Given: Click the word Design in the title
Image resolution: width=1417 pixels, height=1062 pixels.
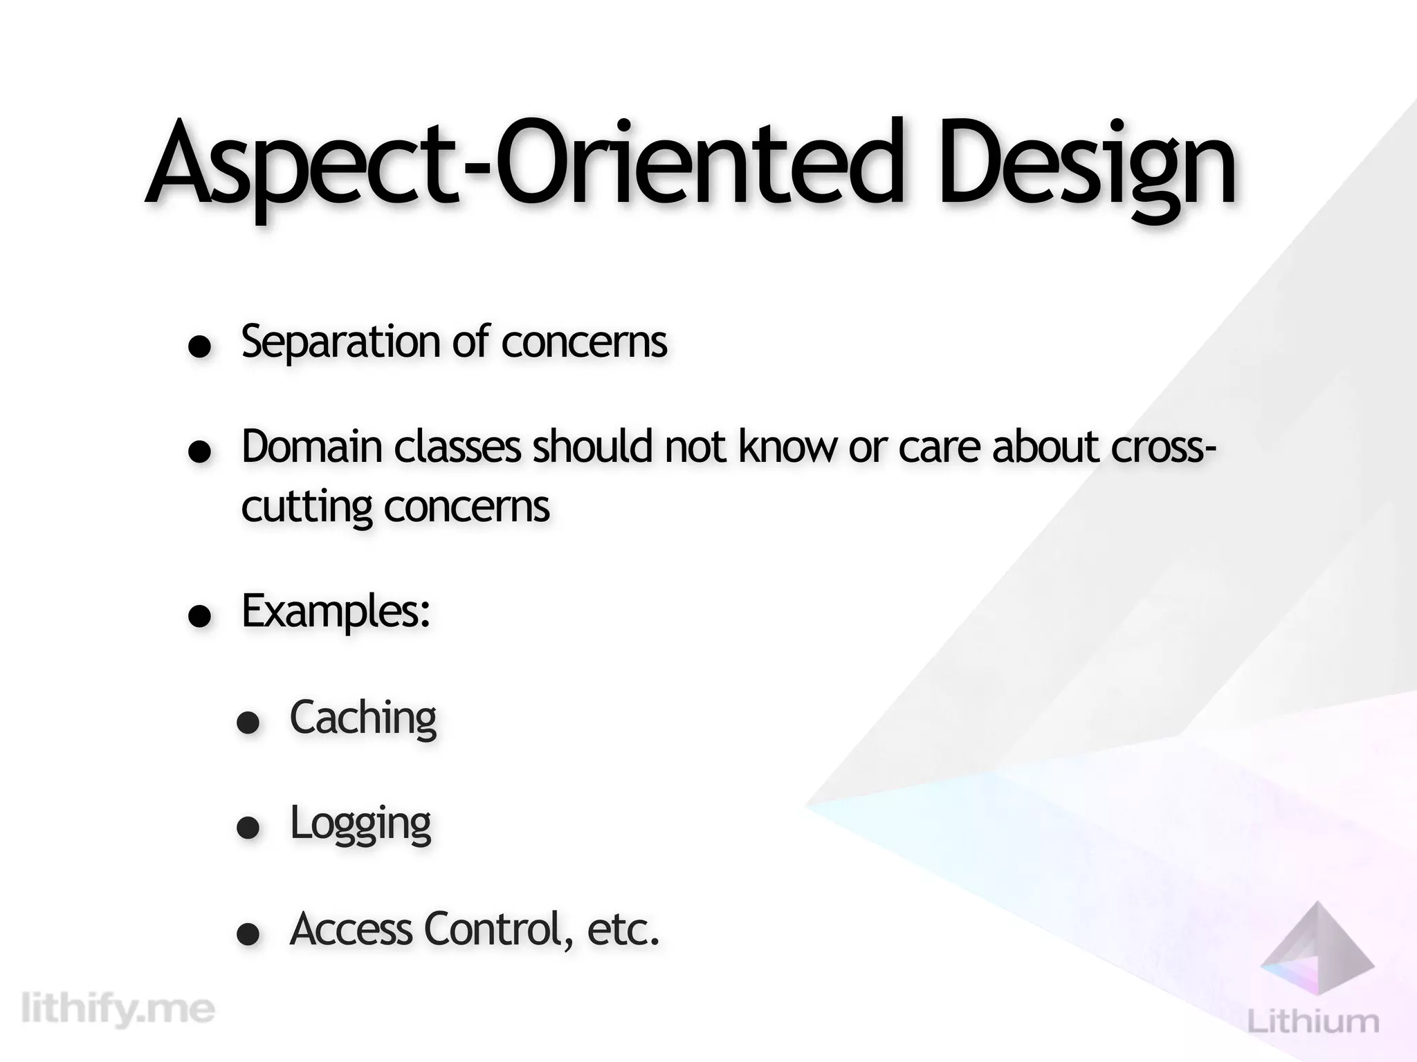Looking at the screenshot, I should (x=1086, y=166).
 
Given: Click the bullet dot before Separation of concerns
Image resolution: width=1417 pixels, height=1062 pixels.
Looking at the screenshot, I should (x=200, y=347).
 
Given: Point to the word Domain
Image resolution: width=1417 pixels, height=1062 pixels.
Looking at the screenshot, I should (x=311, y=447).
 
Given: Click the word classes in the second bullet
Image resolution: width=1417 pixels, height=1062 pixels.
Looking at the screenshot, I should (x=457, y=447).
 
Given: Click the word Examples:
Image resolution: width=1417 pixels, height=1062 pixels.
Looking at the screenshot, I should (x=336, y=612).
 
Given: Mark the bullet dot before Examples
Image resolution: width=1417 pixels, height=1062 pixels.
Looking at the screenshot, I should (x=200, y=617).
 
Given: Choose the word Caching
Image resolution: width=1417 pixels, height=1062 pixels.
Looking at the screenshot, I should (x=363, y=718).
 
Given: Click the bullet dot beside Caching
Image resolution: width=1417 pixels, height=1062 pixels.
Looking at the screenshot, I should (x=248, y=723).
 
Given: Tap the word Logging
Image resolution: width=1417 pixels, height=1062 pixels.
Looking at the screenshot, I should (x=360, y=825).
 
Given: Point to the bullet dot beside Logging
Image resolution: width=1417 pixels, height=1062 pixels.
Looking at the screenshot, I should (x=248, y=828).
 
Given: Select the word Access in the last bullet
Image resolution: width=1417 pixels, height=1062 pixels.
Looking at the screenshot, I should (x=351, y=929).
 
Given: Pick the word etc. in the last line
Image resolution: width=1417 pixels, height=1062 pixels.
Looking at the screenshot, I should (x=623, y=930).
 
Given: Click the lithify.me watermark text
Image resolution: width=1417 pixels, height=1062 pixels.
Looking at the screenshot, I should (x=118, y=1010).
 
